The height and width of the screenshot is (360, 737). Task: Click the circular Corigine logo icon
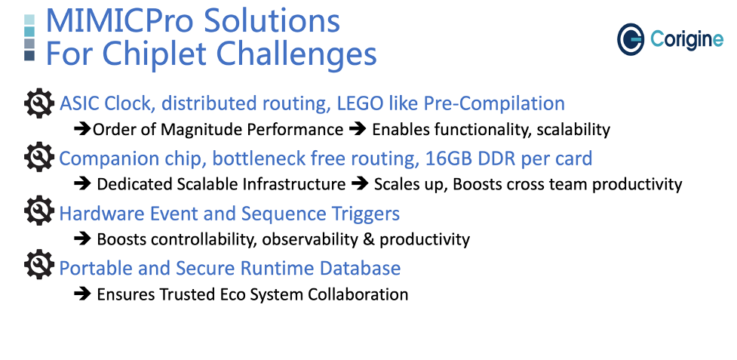click(631, 39)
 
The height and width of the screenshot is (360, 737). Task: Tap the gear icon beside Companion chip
click(39, 158)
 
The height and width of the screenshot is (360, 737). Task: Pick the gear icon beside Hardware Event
click(39, 212)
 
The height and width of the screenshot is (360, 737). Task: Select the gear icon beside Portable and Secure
click(39, 266)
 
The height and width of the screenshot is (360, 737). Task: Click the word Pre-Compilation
click(494, 104)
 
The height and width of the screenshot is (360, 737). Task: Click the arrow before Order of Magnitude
click(82, 129)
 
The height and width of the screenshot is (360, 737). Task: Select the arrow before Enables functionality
click(358, 129)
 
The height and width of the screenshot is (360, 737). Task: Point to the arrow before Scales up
click(360, 184)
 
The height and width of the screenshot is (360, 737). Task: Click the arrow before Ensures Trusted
click(82, 294)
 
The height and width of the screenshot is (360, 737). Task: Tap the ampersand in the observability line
click(368, 240)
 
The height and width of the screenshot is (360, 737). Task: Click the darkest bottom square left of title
click(29, 56)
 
